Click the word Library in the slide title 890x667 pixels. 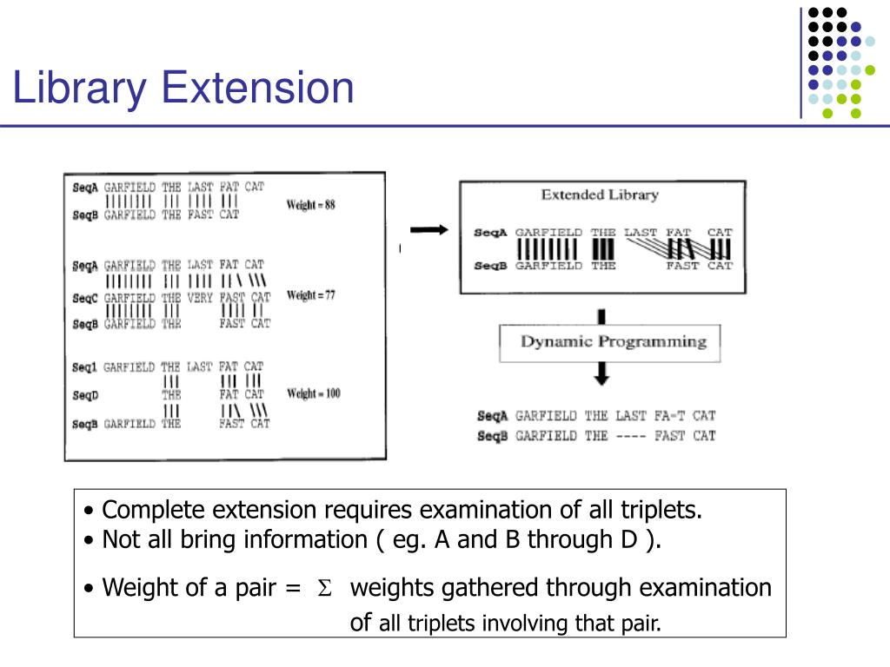[x=80, y=89]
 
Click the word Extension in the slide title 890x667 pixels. [x=258, y=89]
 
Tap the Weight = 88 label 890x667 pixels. [x=310, y=206]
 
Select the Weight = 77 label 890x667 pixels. [x=310, y=295]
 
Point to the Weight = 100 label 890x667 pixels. [x=313, y=393]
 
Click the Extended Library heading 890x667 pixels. [x=600, y=195]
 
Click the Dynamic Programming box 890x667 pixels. [x=613, y=341]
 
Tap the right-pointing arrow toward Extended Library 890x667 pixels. [x=428, y=230]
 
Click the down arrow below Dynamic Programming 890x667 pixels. [x=601, y=374]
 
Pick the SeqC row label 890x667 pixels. [x=84, y=297]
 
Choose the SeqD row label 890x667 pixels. [x=84, y=394]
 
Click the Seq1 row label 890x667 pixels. [x=84, y=367]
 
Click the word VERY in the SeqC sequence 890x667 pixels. [x=200, y=297]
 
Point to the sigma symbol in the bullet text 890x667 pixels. [x=325, y=589]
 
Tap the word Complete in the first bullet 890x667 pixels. [x=154, y=510]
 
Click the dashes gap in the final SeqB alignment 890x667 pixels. [x=629, y=436]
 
